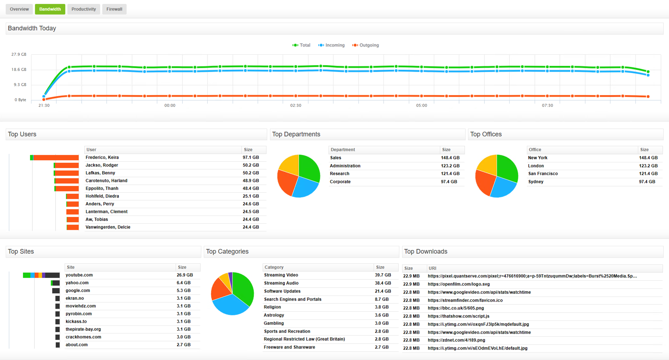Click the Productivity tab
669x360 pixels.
click(84, 9)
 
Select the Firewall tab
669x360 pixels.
click(114, 9)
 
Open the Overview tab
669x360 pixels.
click(19, 9)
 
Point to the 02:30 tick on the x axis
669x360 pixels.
click(296, 105)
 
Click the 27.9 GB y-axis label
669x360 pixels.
click(19, 54)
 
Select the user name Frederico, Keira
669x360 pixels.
click(102, 157)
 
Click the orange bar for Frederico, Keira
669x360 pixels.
click(56, 157)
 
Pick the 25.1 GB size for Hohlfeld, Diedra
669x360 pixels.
click(251, 196)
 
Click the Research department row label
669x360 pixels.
click(339, 174)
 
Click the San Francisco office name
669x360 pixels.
click(543, 174)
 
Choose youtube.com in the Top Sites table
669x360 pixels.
click(79, 275)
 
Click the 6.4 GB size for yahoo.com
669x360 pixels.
click(183, 283)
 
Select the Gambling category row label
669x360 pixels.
click(274, 323)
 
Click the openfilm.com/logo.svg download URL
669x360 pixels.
click(459, 284)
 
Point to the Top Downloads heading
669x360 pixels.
click(425, 252)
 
